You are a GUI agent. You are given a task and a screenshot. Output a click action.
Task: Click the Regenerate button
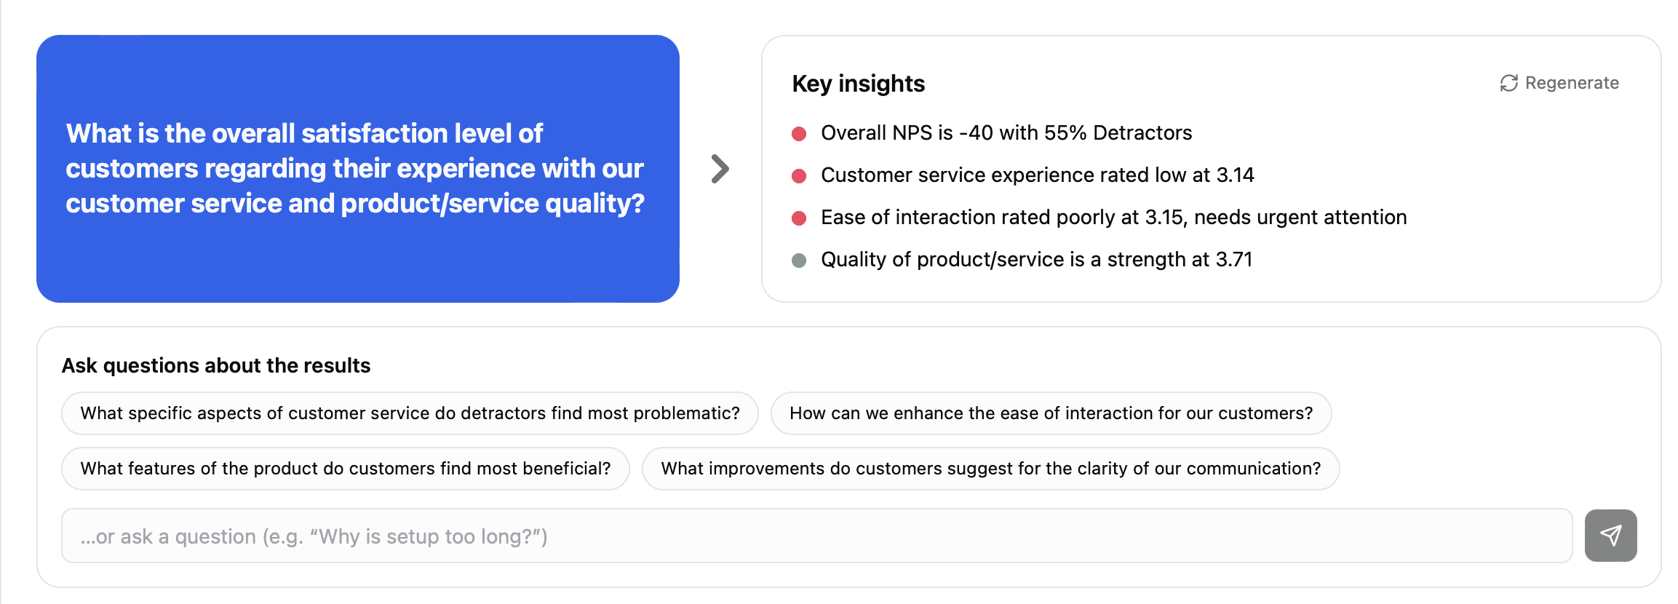[x=1559, y=83]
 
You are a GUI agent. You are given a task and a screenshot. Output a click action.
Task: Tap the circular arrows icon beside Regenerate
[x=1509, y=83]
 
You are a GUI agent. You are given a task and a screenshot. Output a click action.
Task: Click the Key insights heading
[x=859, y=84]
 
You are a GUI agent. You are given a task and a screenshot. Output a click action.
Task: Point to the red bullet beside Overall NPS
[x=799, y=133]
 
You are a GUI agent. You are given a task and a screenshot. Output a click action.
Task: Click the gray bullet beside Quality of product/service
[x=799, y=260]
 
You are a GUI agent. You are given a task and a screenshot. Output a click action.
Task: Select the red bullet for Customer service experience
[x=799, y=175]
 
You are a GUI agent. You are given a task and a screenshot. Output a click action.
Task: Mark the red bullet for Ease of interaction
[x=799, y=218]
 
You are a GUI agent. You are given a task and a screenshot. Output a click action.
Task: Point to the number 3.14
[x=1236, y=175]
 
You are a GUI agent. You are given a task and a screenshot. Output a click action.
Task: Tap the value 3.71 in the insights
[x=1234, y=259]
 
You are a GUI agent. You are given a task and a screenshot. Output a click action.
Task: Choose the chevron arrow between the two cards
[x=720, y=169]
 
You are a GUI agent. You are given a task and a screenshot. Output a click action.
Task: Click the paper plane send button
[x=1611, y=536]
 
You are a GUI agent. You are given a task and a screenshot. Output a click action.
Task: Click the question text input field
[x=816, y=536]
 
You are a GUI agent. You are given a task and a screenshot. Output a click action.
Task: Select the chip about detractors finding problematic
[x=410, y=413]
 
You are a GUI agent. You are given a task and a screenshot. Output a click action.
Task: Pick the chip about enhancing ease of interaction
[x=1051, y=413]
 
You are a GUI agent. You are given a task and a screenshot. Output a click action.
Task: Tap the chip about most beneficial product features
[x=346, y=469]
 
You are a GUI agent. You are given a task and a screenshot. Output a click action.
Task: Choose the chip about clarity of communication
[x=991, y=469]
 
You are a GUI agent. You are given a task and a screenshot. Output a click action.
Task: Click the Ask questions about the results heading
[x=216, y=365]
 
